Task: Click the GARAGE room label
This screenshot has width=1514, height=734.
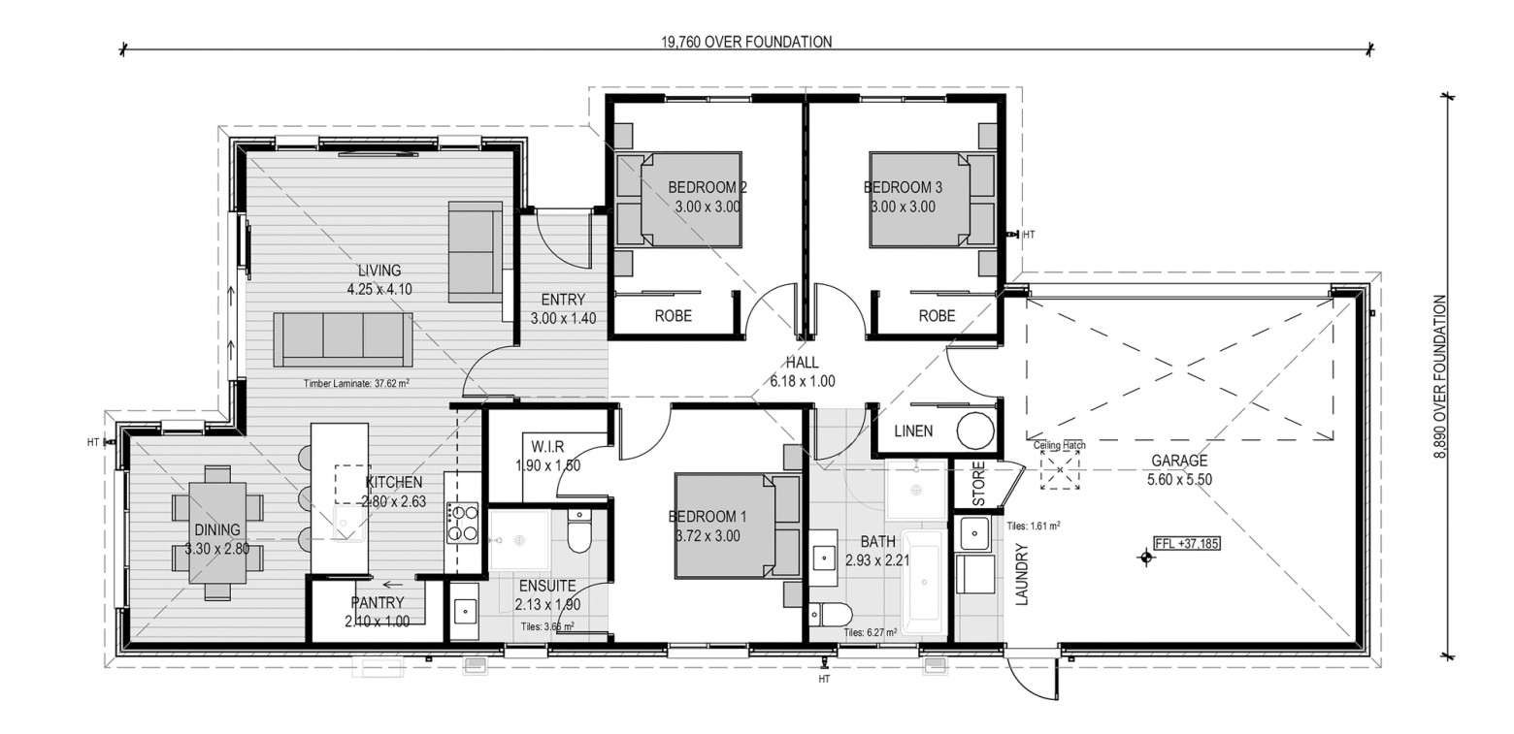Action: coord(1179,461)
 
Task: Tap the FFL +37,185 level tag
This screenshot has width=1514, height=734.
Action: coord(1187,543)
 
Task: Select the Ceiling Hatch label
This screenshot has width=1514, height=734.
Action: coord(1059,445)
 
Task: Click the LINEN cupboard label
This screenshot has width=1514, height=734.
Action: coord(913,431)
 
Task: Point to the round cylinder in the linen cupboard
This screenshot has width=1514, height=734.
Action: coord(975,431)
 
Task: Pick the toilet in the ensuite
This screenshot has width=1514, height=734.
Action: coord(579,530)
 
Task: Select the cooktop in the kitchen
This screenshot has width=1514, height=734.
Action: coord(462,523)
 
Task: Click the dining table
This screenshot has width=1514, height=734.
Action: coord(217,532)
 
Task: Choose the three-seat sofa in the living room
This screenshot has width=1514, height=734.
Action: coord(343,339)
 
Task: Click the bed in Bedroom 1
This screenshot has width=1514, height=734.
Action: coord(738,526)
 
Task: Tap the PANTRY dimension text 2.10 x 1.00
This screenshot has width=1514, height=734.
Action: coord(378,622)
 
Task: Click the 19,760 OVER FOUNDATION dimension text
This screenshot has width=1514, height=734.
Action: coord(746,42)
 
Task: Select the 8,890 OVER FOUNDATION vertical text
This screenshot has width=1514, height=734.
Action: coord(1439,377)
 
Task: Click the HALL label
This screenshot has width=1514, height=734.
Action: coord(803,362)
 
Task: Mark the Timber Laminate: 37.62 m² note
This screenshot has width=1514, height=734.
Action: coord(356,384)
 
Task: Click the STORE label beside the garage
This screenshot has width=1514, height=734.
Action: coord(978,484)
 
